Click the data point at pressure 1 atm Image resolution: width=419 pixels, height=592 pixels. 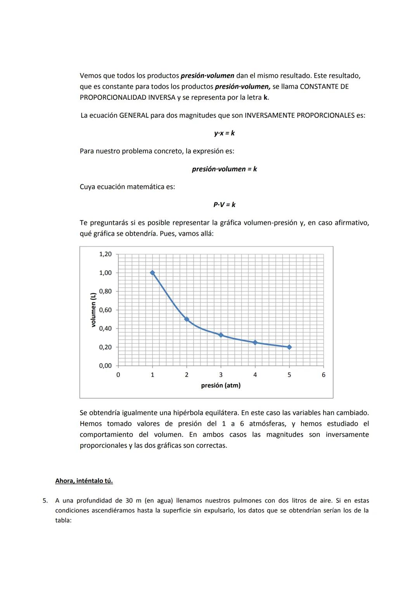click(x=152, y=273)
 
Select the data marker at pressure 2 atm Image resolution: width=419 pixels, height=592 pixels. click(x=187, y=319)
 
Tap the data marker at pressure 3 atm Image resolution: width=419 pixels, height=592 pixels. click(x=221, y=335)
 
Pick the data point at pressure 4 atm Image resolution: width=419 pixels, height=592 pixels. click(x=255, y=342)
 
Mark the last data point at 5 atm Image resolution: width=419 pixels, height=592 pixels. click(x=289, y=347)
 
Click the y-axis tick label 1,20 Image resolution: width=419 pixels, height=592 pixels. click(x=105, y=254)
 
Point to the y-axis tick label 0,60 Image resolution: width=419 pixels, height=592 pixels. click(x=105, y=310)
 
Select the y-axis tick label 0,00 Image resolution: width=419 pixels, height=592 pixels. click(x=105, y=366)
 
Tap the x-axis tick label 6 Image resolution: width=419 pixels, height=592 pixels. click(x=324, y=375)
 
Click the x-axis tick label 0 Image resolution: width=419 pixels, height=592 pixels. click(x=118, y=375)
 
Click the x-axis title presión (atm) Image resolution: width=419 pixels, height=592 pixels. click(x=221, y=385)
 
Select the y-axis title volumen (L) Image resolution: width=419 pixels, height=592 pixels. click(x=93, y=310)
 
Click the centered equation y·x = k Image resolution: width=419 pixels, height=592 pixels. click(x=224, y=133)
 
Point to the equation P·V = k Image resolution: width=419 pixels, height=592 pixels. click(x=224, y=204)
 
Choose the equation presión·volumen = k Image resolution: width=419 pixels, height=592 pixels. click(x=224, y=169)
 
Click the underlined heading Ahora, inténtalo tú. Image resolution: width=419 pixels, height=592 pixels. click(x=84, y=481)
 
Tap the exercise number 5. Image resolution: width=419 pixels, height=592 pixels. click(x=45, y=501)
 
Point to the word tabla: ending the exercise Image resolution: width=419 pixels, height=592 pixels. click(x=63, y=520)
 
